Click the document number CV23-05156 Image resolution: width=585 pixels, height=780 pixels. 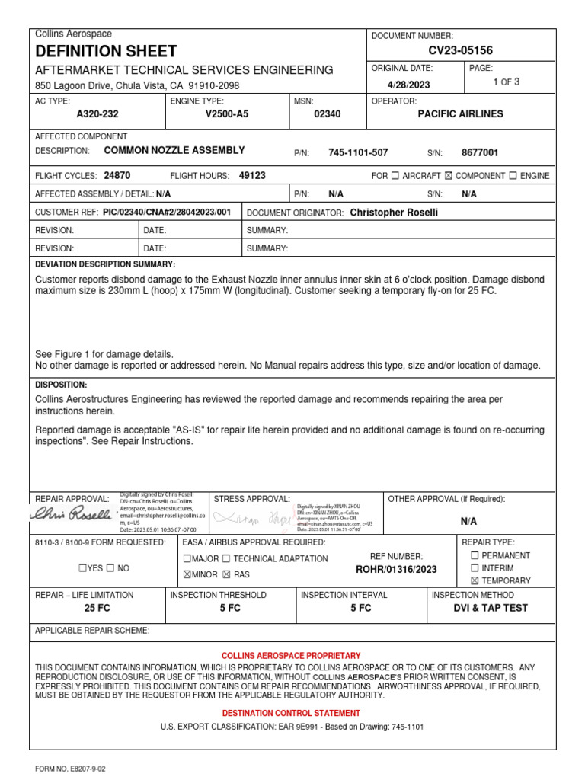coord(460,51)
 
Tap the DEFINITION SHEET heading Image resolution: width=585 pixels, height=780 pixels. coord(106,52)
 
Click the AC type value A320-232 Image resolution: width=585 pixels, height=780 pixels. coord(97,114)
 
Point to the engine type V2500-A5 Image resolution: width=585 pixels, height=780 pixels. coord(227,114)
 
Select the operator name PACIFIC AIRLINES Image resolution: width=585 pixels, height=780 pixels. coord(460,114)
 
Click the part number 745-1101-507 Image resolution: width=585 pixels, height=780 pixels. coord(358,153)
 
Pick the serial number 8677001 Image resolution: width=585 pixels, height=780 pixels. coord(480,153)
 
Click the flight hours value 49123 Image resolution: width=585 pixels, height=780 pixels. coord(252,175)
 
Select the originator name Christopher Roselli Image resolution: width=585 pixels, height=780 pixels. coord(394,213)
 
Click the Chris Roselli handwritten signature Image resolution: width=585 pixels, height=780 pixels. coord(70,517)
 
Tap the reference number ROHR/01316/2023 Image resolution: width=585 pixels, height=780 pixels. coord(397,569)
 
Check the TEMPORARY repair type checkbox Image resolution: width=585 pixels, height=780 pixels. coord(475,581)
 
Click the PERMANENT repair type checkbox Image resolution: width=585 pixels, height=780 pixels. coord(475,556)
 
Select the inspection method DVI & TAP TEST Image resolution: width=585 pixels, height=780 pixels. coord(490,608)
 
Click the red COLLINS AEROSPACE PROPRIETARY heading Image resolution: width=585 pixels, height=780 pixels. coord(291,656)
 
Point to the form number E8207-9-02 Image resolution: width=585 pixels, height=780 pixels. coord(70,769)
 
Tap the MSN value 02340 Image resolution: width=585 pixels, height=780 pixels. coord(328,114)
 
